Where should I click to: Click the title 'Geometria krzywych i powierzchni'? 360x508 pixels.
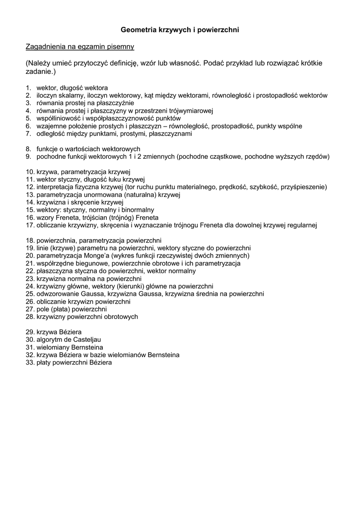pyautogui.click(x=180, y=30)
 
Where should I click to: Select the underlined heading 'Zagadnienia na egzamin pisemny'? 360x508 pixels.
pyautogui.click(x=80, y=47)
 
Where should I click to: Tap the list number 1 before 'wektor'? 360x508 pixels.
pyautogui.click(x=28, y=88)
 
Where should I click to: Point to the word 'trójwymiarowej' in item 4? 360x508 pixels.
pyautogui.click(x=191, y=111)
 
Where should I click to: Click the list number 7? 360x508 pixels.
pyautogui.click(x=28, y=134)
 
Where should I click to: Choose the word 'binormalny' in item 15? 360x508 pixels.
pyautogui.click(x=137, y=210)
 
